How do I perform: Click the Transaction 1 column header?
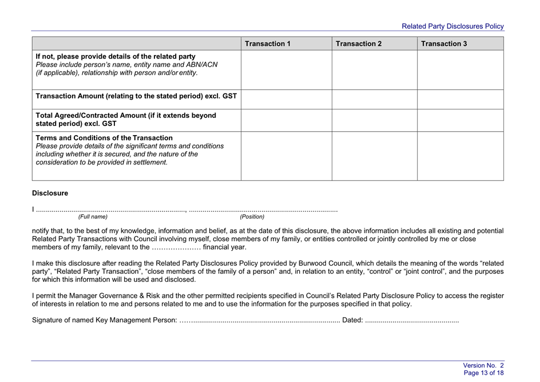268,44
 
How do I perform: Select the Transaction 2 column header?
359,44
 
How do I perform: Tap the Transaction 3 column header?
444,44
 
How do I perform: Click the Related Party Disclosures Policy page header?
452,26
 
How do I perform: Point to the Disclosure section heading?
50,194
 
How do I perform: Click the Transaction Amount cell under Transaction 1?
286,99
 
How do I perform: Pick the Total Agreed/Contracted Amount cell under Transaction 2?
374,120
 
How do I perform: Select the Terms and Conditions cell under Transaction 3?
460,156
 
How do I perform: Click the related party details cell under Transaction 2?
374,70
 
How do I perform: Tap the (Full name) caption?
93,217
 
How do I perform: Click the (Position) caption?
252,217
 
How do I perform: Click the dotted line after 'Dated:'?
411,320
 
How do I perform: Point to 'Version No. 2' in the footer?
483,365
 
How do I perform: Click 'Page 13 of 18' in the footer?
483,373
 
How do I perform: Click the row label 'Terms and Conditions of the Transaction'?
104,138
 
